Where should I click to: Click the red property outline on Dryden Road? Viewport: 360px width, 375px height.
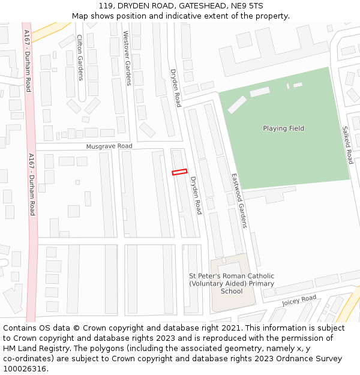coord(179,172)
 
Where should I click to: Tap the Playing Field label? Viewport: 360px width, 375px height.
coord(283,128)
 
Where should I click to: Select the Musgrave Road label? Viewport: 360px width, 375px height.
coord(109,146)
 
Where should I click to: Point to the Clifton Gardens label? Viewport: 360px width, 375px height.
coord(80,57)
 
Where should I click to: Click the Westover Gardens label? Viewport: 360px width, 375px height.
coord(126,58)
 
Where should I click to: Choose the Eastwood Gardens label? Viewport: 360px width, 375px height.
coord(239,200)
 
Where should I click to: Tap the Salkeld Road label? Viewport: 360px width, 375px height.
coord(347,145)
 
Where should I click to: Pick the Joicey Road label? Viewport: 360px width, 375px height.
coord(299,300)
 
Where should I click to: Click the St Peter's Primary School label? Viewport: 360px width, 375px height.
coord(232,283)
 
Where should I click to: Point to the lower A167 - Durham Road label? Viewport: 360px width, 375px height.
coord(32,184)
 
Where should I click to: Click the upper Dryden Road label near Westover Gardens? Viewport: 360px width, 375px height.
coord(175,88)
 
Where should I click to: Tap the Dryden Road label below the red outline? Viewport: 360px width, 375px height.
coord(196,196)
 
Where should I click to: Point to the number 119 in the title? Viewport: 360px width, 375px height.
coord(107,6)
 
